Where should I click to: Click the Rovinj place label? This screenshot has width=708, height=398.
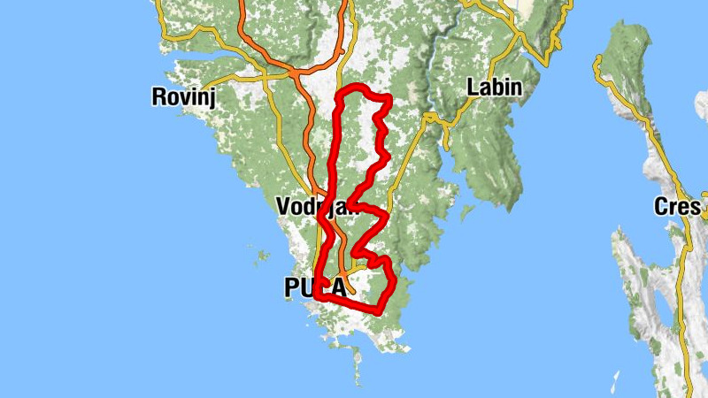coord(184,96)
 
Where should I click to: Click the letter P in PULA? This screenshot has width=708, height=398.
coord(291,287)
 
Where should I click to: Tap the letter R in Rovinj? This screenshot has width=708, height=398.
coord(159,96)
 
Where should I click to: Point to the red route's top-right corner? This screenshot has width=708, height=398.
coord(388,97)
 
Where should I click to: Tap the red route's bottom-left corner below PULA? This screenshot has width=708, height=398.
coord(318,298)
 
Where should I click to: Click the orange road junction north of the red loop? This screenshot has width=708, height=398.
coord(294,69)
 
